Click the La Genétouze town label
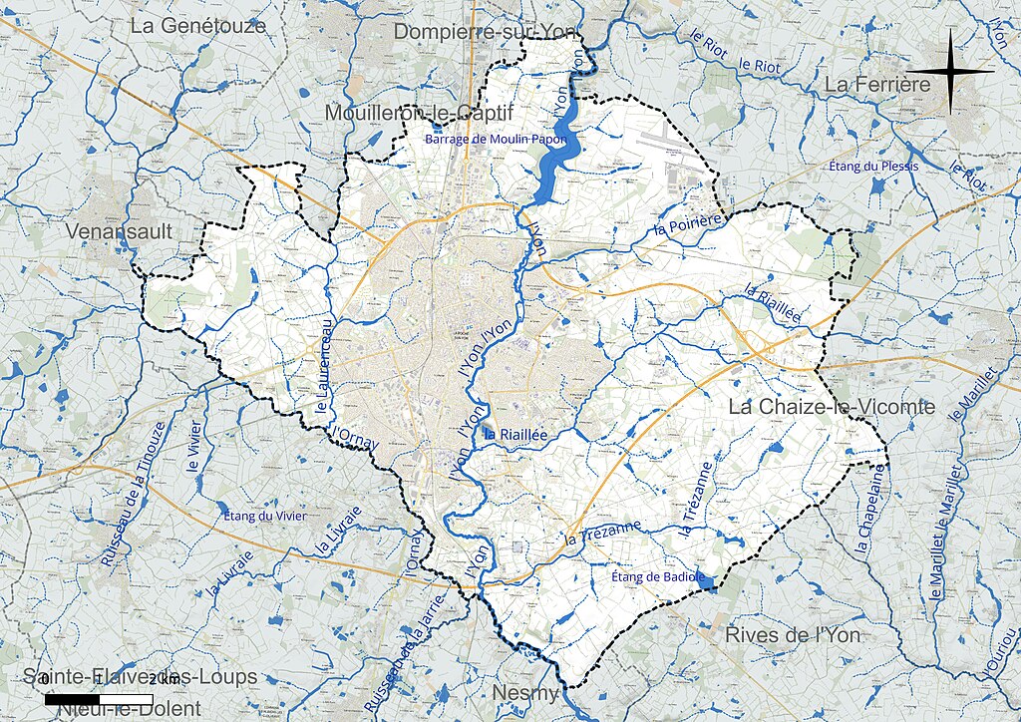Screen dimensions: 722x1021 pyautogui.click(x=198, y=26)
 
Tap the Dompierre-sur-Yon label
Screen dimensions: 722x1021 pyautogui.click(x=486, y=33)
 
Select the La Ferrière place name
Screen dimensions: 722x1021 pyautogui.click(x=877, y=85)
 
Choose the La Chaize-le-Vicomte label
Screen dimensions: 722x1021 pyautogui.click(x=832, y=407)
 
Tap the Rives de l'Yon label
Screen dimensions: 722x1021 pyautogui.click(x=793, y=635)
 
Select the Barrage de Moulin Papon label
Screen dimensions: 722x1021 pyautogui.click(x=496, y=140)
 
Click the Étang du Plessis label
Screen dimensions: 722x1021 pyautogui.click(x=873, y=166)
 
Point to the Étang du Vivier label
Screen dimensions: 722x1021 pyautogui.click(x=264, y=516)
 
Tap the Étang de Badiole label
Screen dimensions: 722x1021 pyautogui.click(x=658, y=577)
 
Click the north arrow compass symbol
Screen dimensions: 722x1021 pyautogui.click(x=952, y=71)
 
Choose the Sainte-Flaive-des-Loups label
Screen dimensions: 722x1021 pyautogui.click(x=141, y=677)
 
